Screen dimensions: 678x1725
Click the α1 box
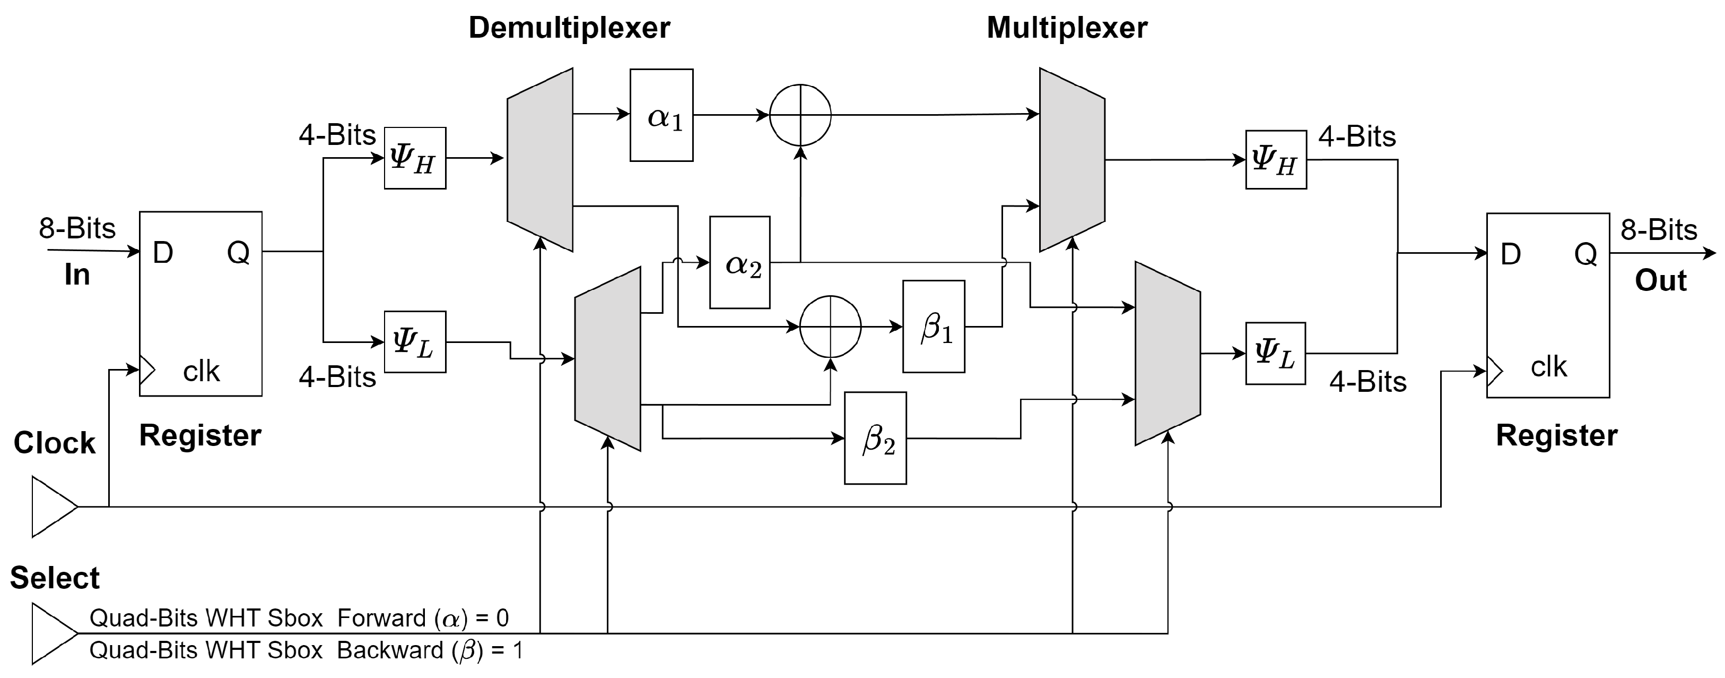tap(661, 115)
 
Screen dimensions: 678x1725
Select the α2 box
tap(739, 263)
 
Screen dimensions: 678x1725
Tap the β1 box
tap(933, 327)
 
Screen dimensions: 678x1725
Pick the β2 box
tap(875, 438)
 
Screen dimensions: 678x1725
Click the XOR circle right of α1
tap(800, 115)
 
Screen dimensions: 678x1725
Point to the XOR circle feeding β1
tap(830, 327)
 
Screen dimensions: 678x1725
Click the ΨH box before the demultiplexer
tap(414, 158)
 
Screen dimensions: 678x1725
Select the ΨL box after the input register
tap(414, 342)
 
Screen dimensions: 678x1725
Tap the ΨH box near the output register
tap(1276, 159)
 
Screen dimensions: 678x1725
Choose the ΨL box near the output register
tap(1275, 354)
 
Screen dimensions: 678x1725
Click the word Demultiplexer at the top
tap(569, 28)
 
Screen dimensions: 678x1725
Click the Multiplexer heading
tap(1067, 28)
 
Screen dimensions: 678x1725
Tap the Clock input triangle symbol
tap(52, 507)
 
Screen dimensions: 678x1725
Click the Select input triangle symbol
tap(52, 633)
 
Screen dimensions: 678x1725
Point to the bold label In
tap(77, 274)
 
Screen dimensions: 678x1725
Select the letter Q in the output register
tap(1585, 254)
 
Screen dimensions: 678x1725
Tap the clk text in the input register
tap(201, 371)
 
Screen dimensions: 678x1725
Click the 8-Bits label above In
tap(77, 228)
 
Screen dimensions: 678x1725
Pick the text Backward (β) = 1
tap(429, 650)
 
